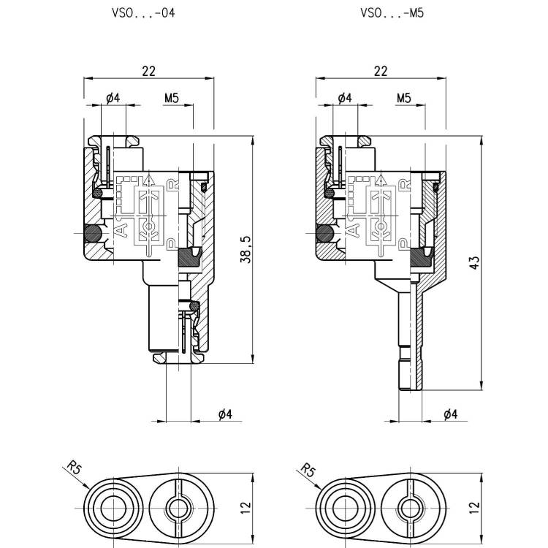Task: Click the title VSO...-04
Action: click(143, 13)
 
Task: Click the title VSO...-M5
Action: click(392, 13)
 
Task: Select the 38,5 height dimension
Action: click(246, 250)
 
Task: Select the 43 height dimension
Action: click(474, 262)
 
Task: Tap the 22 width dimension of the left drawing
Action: click(148, 71)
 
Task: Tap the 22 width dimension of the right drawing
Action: click(381, 71)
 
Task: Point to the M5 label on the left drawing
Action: click(172, 98)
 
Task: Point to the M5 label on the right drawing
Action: click(403, 98)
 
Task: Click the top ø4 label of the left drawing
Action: click(113, 98)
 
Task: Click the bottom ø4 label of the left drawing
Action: click(226, 414)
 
